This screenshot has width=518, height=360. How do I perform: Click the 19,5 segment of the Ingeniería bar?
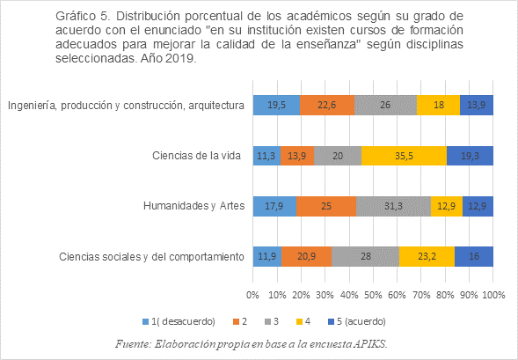click(276, 105)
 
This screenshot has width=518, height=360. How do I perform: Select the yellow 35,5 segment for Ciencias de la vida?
click(404, 156)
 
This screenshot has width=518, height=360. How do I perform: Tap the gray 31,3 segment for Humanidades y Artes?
click(393, 206)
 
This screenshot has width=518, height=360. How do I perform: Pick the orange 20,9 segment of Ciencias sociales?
click(307, 256)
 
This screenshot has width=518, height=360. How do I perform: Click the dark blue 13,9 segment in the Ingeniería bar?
click(477, 105)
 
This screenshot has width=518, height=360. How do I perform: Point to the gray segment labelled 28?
click(365, 256)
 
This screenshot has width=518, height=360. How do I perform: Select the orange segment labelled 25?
click(326, 206)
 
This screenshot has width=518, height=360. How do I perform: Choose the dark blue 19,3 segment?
click(470, 156)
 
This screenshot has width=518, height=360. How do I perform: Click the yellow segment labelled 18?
click(438, 105)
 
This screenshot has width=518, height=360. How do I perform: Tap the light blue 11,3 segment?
click(267, 156)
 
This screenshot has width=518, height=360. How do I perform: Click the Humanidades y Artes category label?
click(193, 206)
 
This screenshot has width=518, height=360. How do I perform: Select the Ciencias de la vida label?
click(197, 156)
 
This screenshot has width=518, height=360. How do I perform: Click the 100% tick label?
click(493, 295)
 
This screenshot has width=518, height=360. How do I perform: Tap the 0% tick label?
click(252, 295)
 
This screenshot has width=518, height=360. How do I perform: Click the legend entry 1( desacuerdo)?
click(179, 321)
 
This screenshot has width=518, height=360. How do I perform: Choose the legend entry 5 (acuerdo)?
click(357, 321)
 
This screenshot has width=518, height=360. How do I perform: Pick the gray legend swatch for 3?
click(267, 321)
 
